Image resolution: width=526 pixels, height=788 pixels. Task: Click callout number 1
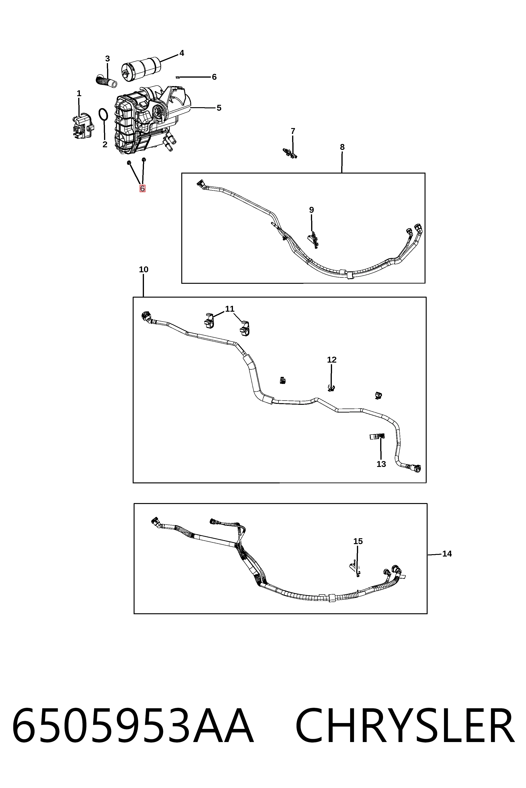click(x=79, y=94)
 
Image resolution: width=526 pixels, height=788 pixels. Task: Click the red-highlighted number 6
click(x=143, y=188)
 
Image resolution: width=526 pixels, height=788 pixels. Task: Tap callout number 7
click(x=293, y=131)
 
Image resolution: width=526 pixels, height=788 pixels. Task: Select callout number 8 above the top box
click(x=342, y=147)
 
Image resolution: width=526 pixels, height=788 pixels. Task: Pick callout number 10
click(x=143, y=269)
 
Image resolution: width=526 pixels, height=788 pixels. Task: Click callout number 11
click(x=230, y=309)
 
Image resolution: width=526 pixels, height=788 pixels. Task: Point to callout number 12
click(x=332, y=360)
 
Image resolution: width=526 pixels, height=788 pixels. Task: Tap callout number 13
click(x=381, y=464)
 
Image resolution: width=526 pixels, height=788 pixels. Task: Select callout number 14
click(x=447, y=554)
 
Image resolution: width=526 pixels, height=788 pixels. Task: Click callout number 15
click(x=358, y=541)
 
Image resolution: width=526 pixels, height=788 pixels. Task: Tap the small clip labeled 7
click(x=290, y=153)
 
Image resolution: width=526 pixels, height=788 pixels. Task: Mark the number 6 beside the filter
click(x=214, y=77)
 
